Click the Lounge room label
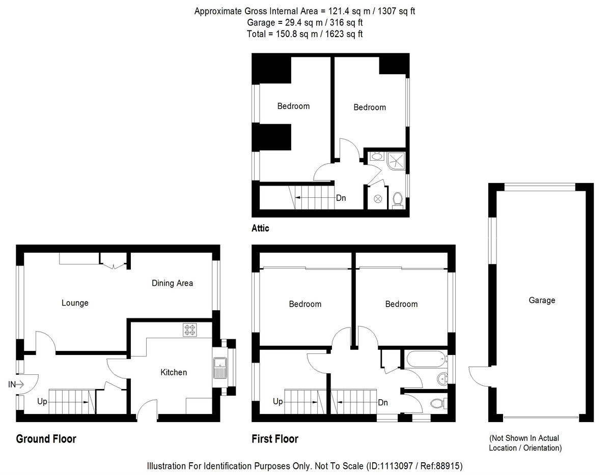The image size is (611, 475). [75, 303]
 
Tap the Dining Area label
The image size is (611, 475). [172, 283]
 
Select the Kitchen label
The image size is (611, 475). [174, 372]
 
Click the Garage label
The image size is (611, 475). [541, 300]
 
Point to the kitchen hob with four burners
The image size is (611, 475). [190, 330]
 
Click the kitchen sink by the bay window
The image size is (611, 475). [220, 368]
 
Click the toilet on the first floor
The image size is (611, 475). [437, 404]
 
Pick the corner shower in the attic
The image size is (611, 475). [397, 160]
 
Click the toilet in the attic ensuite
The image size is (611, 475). [398, 201]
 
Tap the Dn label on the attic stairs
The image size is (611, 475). [341, 198]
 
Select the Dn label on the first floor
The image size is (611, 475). [383, 402]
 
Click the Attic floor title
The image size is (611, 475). [260, 228]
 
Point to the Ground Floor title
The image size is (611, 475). [46, 438]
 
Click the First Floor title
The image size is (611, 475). [275, 438]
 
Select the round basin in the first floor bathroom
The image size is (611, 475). [442, 378]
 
